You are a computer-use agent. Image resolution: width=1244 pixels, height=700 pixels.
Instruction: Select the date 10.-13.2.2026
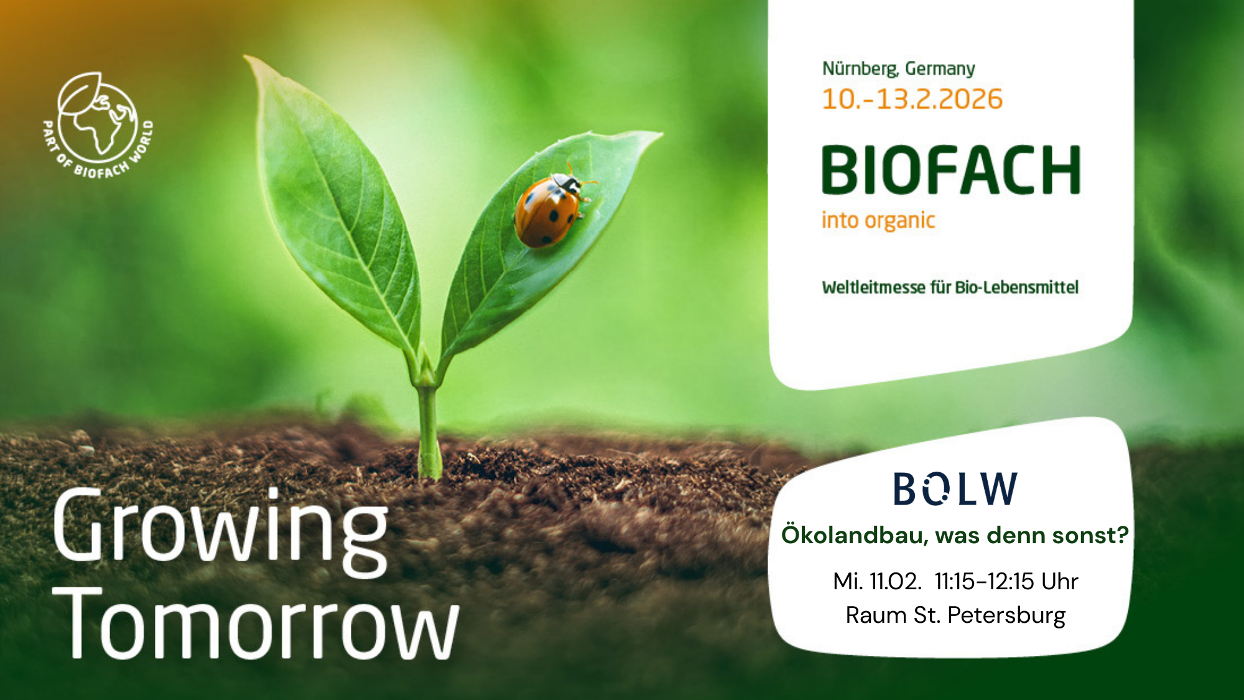click(912, 100)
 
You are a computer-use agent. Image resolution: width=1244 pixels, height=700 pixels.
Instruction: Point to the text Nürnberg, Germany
click(898, 68)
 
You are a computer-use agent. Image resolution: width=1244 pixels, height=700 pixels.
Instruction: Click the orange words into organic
click(878, 220)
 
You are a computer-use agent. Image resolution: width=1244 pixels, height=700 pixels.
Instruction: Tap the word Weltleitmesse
click(873, 287)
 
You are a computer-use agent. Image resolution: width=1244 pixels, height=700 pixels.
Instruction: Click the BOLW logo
click(955, 488)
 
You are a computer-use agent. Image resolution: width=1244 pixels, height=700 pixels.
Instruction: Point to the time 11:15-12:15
click(984, 581)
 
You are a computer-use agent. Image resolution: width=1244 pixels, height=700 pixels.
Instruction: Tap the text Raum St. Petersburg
click(955, 615)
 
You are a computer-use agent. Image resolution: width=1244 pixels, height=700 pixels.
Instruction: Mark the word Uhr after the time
click(1060, 581)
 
